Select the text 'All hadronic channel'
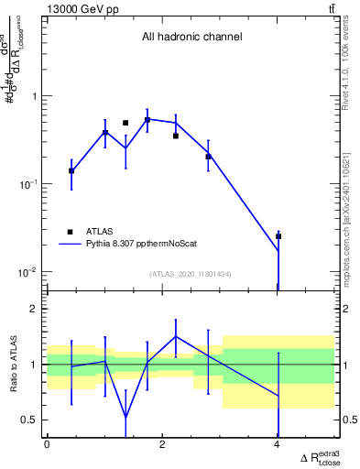[x=191, y=38]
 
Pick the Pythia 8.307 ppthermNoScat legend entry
[x=136, y=245]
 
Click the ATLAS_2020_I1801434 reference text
[x=191, y=273]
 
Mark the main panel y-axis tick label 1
[x=34, y=96]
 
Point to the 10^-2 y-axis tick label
[x=27, y=272]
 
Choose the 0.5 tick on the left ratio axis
[x=30, y=420]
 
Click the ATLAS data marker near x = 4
[x=278, y=236]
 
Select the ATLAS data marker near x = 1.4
[x=125, y=123]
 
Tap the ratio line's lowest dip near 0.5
[x=125, y=417]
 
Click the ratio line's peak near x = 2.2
[x=176, y=336]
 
